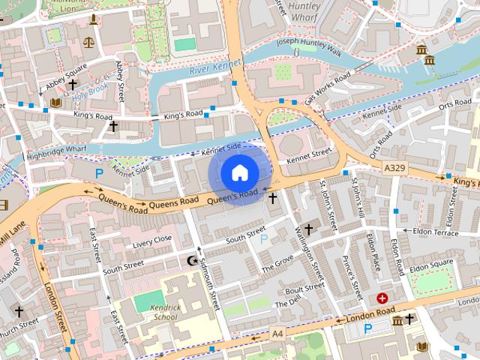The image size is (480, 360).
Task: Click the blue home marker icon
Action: (x=239, y=172)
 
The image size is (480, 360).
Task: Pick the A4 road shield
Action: (x=277, y=332)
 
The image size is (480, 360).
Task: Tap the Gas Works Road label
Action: (x=328, y=88)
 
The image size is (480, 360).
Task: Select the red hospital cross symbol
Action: (x=383, y=298)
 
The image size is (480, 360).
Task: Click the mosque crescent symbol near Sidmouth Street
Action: (x=191, y=260)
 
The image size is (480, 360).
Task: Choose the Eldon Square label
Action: (x=431, y=265)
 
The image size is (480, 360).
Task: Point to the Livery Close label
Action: (x=152, y=241)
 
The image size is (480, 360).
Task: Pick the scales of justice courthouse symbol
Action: (x=90, y=43)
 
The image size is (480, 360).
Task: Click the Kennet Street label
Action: (x=309, y=154)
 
